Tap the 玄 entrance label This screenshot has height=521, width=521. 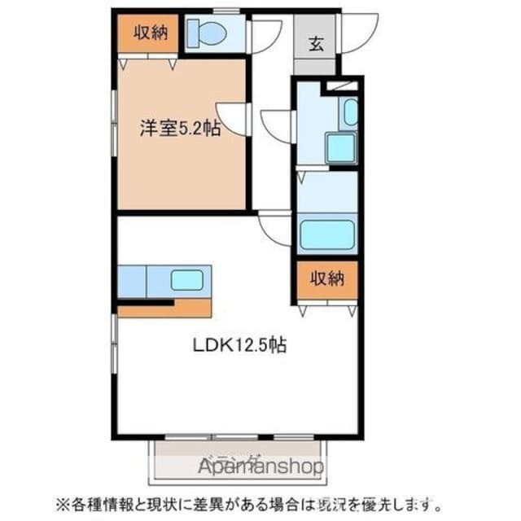(316, 45)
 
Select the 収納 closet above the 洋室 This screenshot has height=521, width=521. (147, 33)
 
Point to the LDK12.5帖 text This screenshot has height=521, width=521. (239, 344)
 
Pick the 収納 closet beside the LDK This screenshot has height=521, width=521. (326, 278)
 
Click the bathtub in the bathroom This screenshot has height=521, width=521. (327, 234)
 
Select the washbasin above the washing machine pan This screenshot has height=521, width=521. (350, 113)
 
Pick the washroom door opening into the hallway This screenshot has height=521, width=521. (277, 127)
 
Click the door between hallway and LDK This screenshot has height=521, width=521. (275, 227)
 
